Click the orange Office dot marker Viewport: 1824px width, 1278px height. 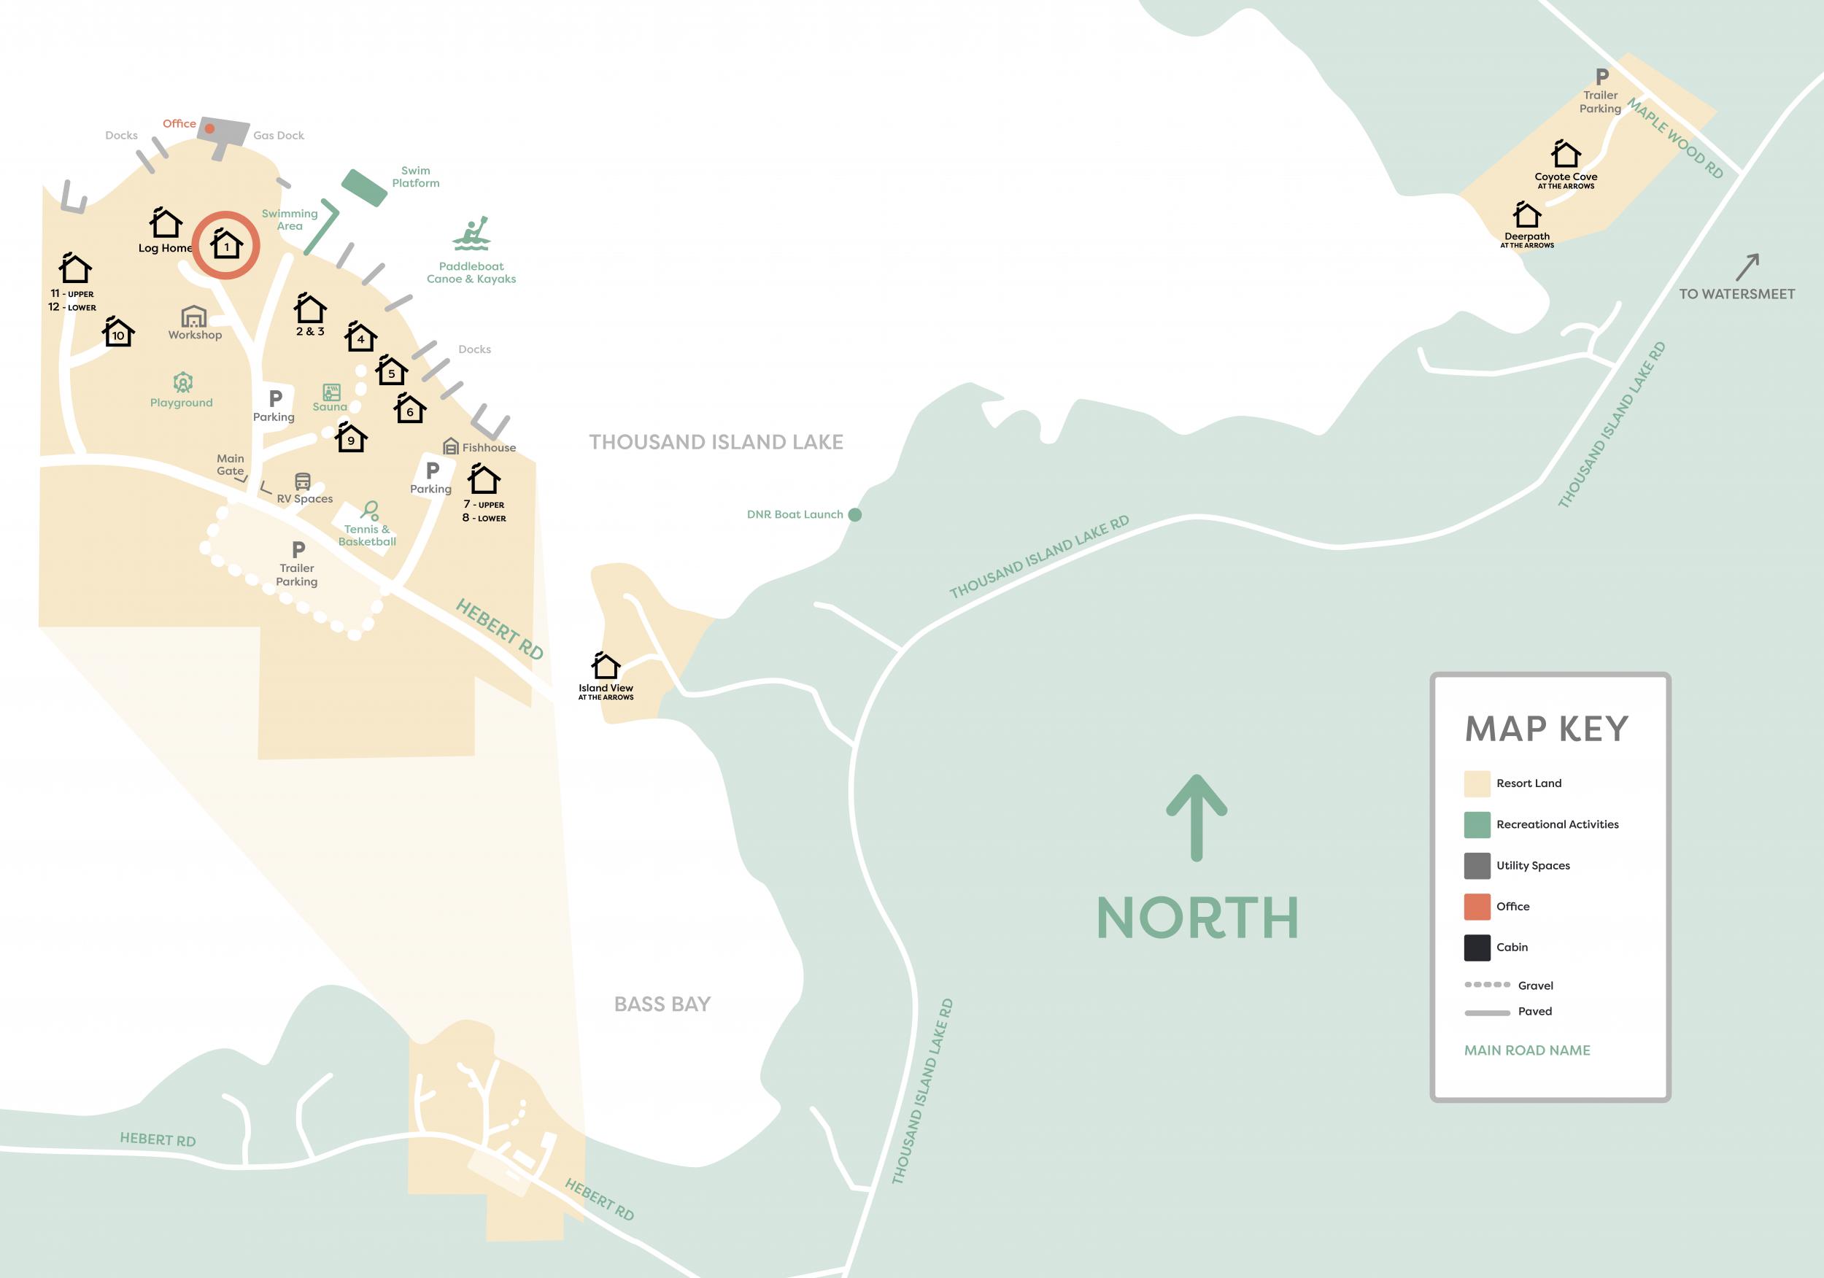point(209,128)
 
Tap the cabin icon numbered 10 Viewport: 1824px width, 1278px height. point(118,332)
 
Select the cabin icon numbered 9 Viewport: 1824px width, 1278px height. point(351,438)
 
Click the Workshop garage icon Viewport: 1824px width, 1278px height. point(194,317)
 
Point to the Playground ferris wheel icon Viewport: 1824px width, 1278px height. point(182,383)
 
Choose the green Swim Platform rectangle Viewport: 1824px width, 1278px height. point(364,188)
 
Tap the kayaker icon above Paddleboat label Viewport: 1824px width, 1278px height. point(472,234)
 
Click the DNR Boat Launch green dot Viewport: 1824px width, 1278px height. point(855,515)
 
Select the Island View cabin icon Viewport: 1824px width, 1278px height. point(606,665)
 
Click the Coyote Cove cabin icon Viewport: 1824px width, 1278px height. point(1565,154)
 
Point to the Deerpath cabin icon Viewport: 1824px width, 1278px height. point(1526,214)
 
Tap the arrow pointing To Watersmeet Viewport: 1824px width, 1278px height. point(1747,267)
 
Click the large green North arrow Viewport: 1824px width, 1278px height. point(1197,818)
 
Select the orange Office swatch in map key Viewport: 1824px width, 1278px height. point(1477,906)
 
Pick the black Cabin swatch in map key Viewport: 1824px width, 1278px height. point(1477,948)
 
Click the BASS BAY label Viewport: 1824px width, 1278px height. point(662,1004)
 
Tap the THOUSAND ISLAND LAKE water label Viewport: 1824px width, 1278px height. point(716,443)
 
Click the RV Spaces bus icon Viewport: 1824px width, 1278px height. point(303,481)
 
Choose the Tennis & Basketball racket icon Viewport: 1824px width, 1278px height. point(370,510)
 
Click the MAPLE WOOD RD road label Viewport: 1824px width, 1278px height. point(1674,137)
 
